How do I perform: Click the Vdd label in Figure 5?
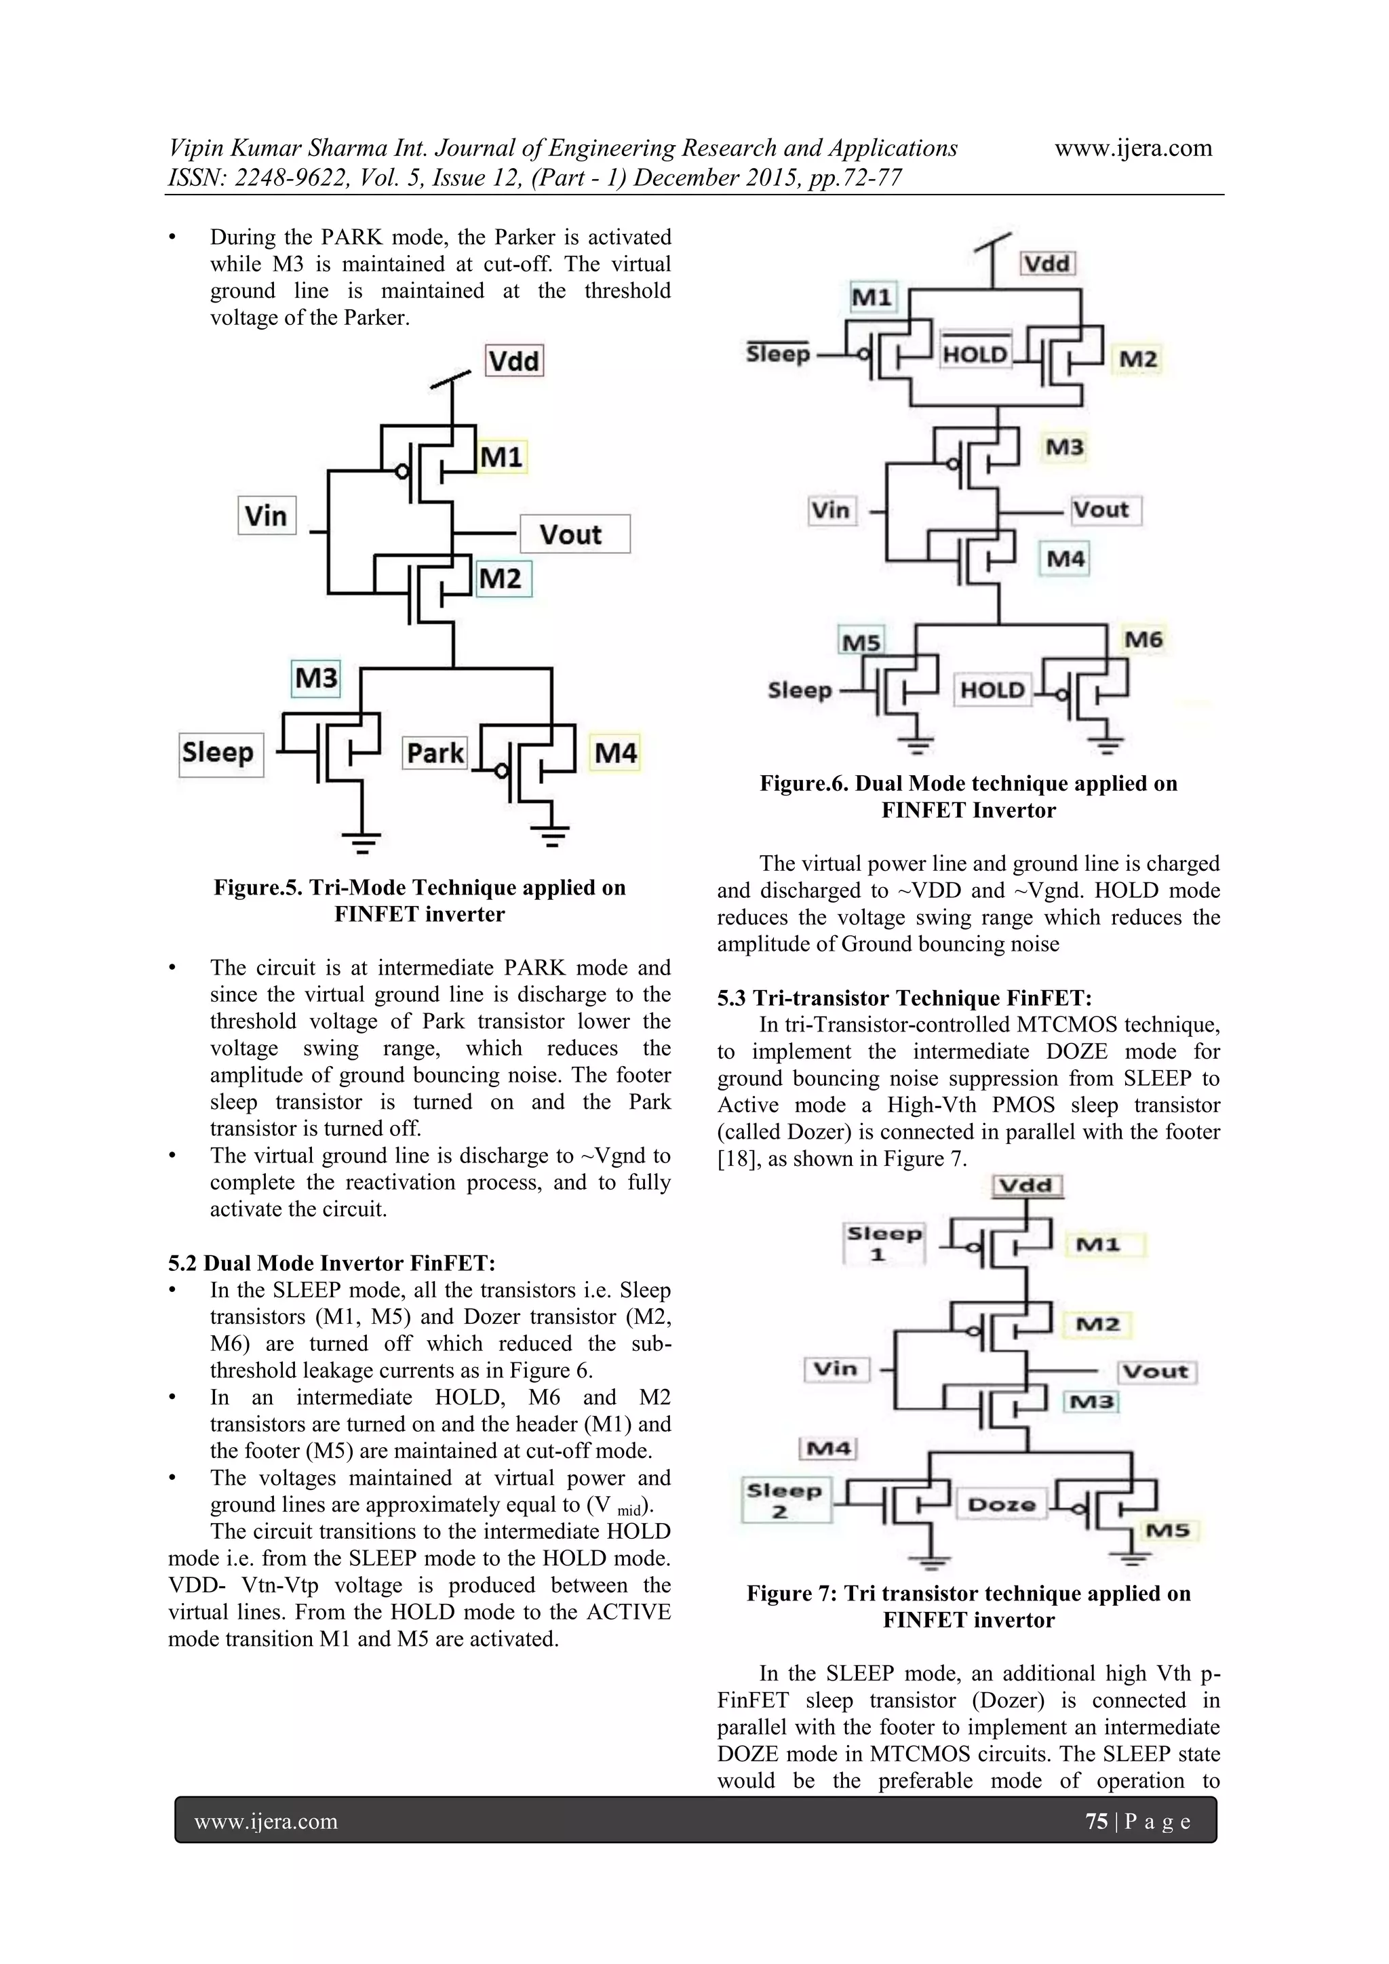click(x=514, y=361)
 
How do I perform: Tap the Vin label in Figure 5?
click(x=266, y=516)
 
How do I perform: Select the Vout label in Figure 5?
click(x=571, y=534)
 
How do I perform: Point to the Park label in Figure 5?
click(x=435, y=753)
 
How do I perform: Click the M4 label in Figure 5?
click(x=616, y=753)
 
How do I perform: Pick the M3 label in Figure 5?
click(x=315, y=678)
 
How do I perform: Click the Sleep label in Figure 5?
click(x=218, y=753)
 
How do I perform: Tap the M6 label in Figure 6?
click(x=1143, y=640)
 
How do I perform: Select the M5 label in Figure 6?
click(x=861, y=642)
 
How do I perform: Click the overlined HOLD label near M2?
click(x=975, y=353)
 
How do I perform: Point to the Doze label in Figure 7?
click(x=1002, y=1505)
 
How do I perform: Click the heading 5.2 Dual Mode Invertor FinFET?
click(x=332, y=1263)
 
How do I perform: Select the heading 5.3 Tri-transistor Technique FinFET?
click(x=904, y=998)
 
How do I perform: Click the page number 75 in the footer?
click(x=1097, y=1821)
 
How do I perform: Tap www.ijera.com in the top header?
click(x=1133, y=148)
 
